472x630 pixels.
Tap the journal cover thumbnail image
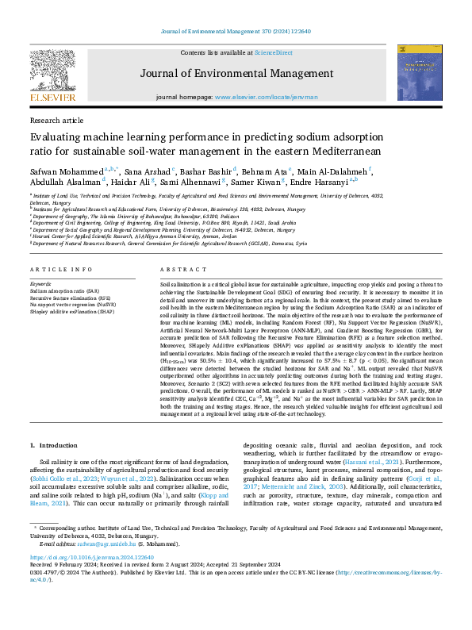tap(420, 72)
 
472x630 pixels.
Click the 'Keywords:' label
tap(40, 283)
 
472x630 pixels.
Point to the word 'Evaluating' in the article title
tap(56, 136)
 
